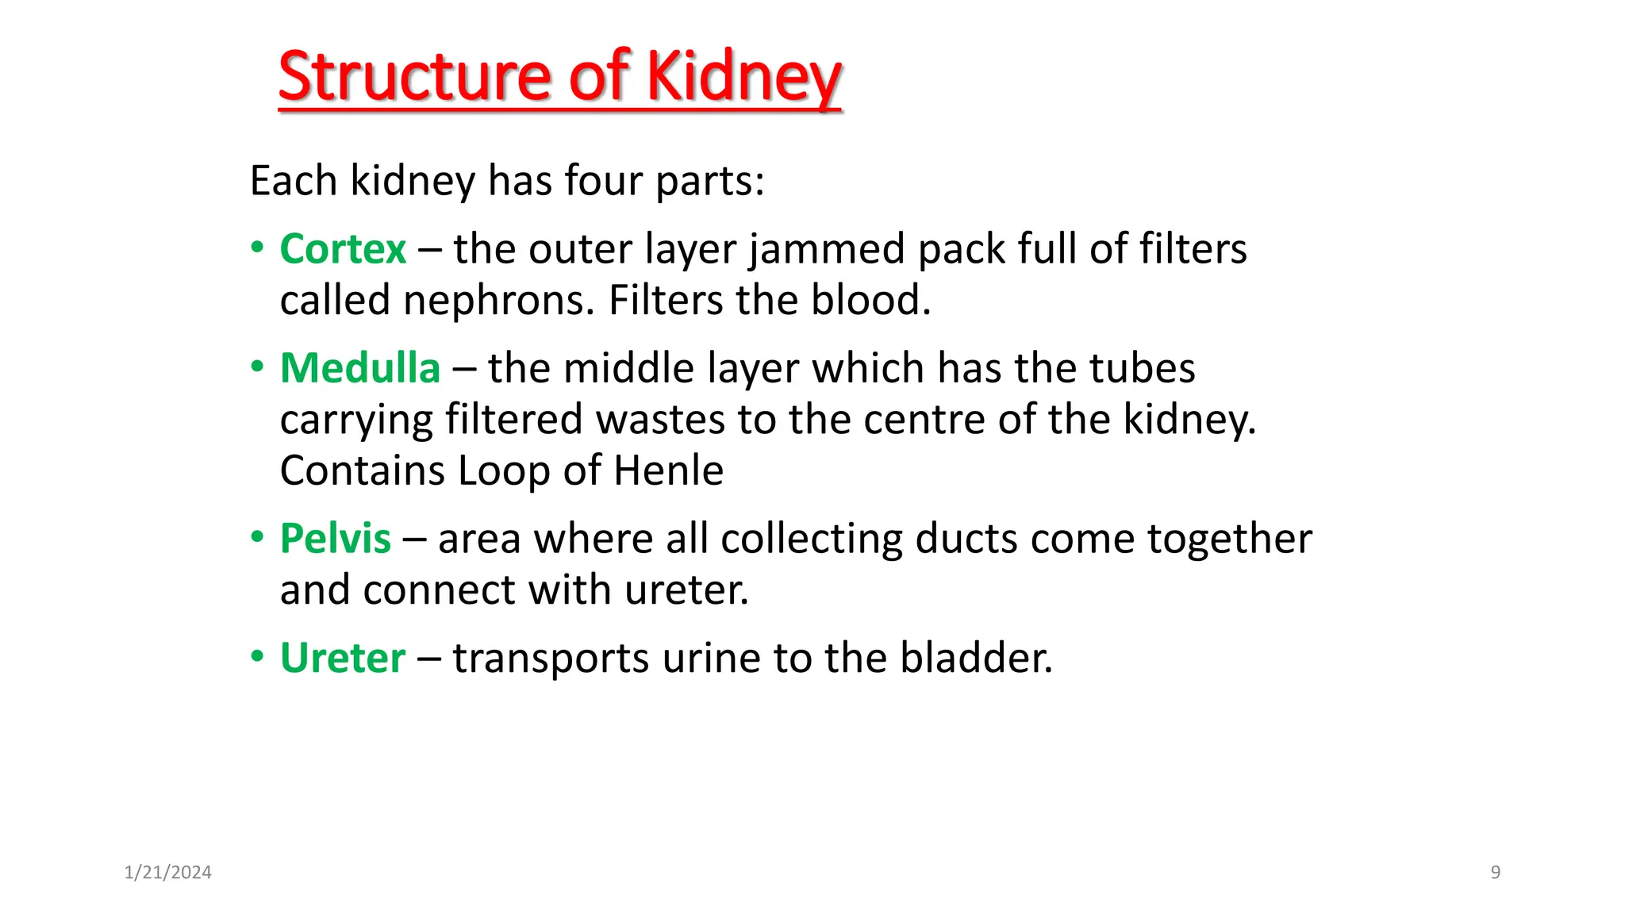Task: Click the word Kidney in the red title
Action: tap(743, 77)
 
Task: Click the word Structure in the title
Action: tap(413, 77)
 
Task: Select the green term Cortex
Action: tap(343, 249)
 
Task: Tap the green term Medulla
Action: tap(359, 368)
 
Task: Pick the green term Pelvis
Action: tap(335, 539)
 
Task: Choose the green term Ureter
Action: tap(342, 658)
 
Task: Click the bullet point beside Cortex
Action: tap(257, 248)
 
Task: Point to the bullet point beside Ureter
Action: tap(257, 658)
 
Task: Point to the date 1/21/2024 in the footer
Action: tap(168, 873)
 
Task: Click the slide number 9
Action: tap(1496, 873)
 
